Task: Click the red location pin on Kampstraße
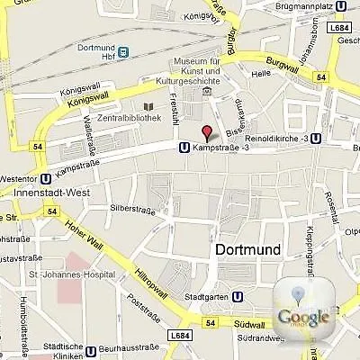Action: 207,133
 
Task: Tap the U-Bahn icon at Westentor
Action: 45,177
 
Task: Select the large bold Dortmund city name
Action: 247,249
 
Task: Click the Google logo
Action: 302,315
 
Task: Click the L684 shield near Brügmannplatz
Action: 339,28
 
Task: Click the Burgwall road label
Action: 279,64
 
